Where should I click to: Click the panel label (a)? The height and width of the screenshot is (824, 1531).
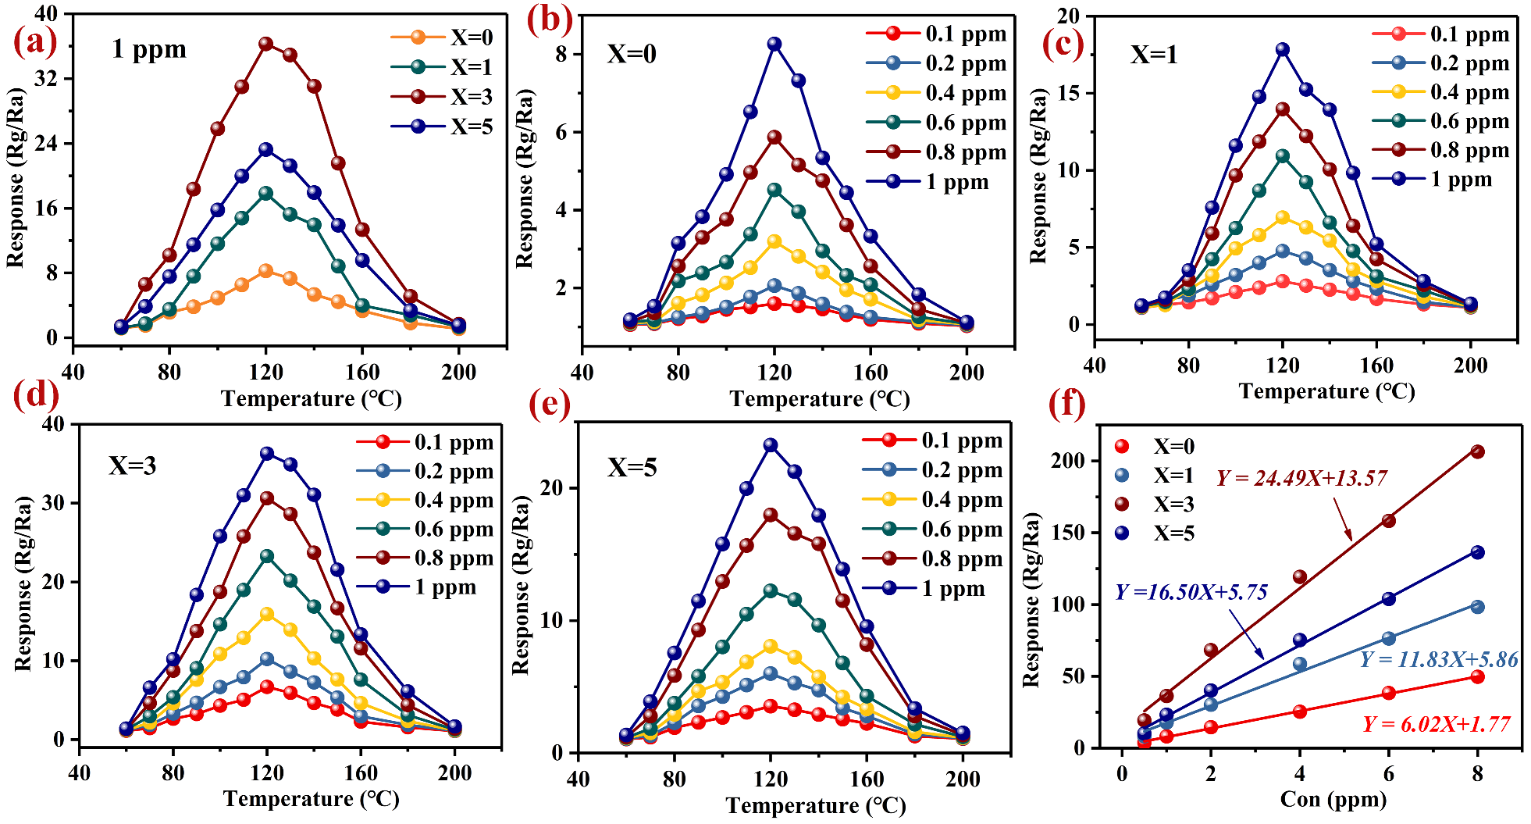pos(35,41)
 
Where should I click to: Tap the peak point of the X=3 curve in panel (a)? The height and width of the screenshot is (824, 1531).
pos(266,44)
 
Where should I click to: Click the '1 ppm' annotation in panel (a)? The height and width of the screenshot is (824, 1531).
pos(149,50)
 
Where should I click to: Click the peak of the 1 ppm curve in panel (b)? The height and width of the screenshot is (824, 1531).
pos(774,45)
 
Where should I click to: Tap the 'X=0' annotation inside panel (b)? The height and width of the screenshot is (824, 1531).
pos(632,55)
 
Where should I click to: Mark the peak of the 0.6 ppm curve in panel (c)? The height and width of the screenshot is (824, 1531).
pos(1283,156)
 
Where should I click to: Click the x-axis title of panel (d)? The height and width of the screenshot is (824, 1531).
pos(311,799)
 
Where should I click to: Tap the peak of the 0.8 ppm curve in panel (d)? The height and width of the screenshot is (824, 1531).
pos(267,498)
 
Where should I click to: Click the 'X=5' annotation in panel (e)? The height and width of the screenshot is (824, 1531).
pos(632,468)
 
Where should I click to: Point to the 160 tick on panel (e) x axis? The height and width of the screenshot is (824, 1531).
pos(866,779)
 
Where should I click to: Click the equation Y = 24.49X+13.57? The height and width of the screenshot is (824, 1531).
pos(1301,478)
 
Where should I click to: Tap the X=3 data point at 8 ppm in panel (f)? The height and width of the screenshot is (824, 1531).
pos(1477,451)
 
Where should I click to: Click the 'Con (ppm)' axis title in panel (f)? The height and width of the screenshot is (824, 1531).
pos(1333,800)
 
